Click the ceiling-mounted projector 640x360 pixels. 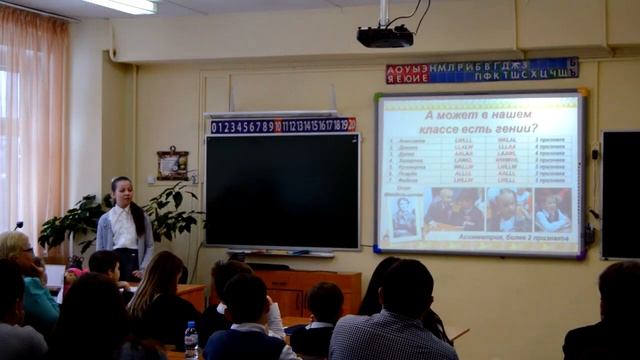click(385, 36)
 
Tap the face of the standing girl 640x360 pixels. click(122, 191)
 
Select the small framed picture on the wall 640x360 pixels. click(172, 163)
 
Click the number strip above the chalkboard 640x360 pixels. click(282, 125)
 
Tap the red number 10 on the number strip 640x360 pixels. click(277, 126)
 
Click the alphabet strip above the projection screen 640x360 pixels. click(482, 70)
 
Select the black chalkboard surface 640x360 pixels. click(282, 190)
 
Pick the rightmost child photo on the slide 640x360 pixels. click(551, 210)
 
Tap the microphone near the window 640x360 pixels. click(18, 226)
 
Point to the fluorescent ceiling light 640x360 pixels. click(120, 6)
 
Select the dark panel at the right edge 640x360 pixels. click(620, 194)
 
